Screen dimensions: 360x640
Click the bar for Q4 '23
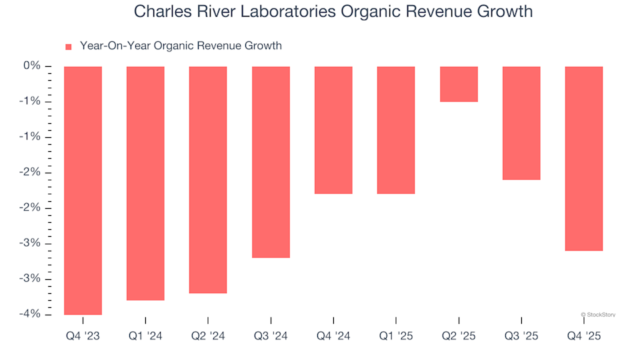(83, 190)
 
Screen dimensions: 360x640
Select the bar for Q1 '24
(145, 183)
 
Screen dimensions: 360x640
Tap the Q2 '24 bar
(208, 180)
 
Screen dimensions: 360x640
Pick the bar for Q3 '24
(271, 162)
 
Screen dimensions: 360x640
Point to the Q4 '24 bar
(333, 130)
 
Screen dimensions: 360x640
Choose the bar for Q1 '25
(396, 130)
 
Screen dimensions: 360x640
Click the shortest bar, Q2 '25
(459, 84)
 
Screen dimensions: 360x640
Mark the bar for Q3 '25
(521, 123)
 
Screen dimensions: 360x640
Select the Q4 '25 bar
(584, 159)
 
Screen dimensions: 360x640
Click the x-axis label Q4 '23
(83, 337)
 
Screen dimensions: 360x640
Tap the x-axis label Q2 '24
(208, 337)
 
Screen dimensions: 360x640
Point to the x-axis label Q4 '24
(333, 337)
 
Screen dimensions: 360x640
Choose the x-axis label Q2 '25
(459, 337)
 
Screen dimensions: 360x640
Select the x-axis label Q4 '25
(584, 337)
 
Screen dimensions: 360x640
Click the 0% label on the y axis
(32, 66)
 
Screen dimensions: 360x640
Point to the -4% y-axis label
(30, 314)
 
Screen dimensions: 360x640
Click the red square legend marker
(68, 47)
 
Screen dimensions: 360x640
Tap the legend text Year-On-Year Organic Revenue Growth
(181, 46)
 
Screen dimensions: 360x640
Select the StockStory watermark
(598, 315)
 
